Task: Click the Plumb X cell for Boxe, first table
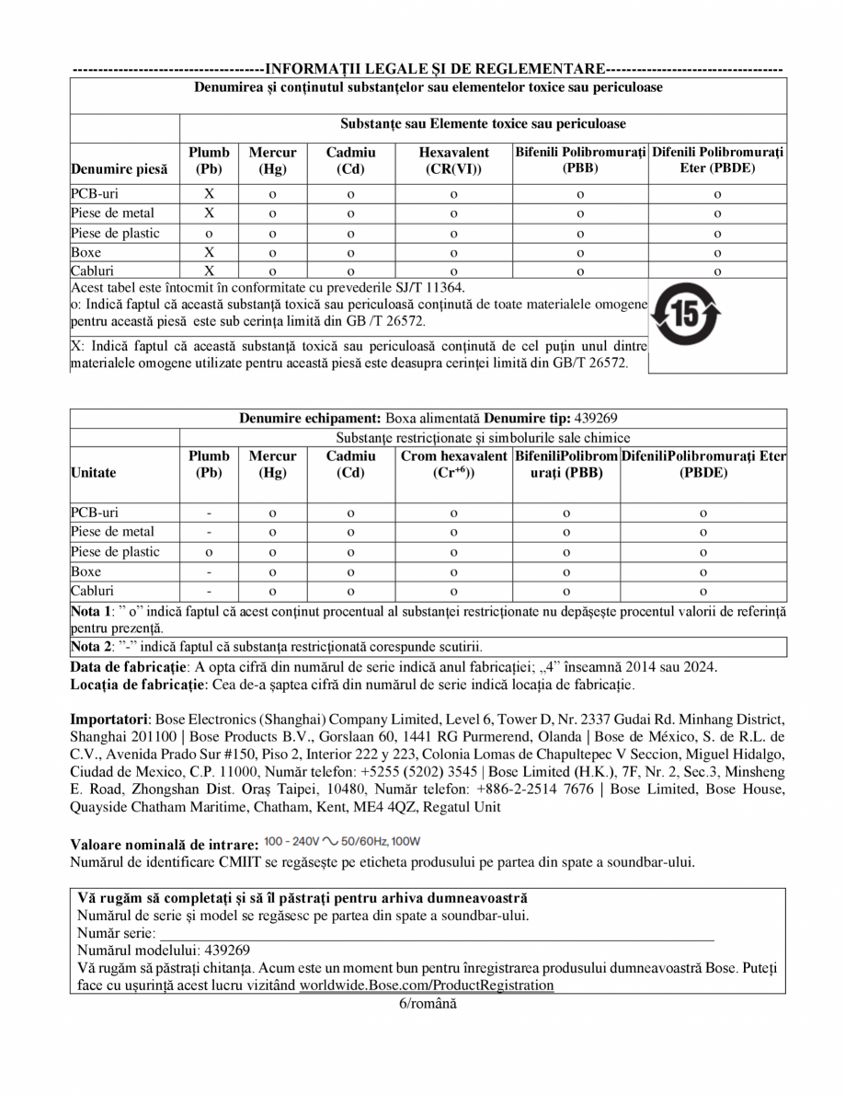(x=209, y=251)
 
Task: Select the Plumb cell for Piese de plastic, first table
(x=209, y=234)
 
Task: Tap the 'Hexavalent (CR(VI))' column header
(x=453, y=160)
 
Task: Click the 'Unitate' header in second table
(x=97, y=473)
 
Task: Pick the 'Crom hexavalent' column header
(x=453, y=456)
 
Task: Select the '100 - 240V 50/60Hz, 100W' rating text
(x=342, y=843)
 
